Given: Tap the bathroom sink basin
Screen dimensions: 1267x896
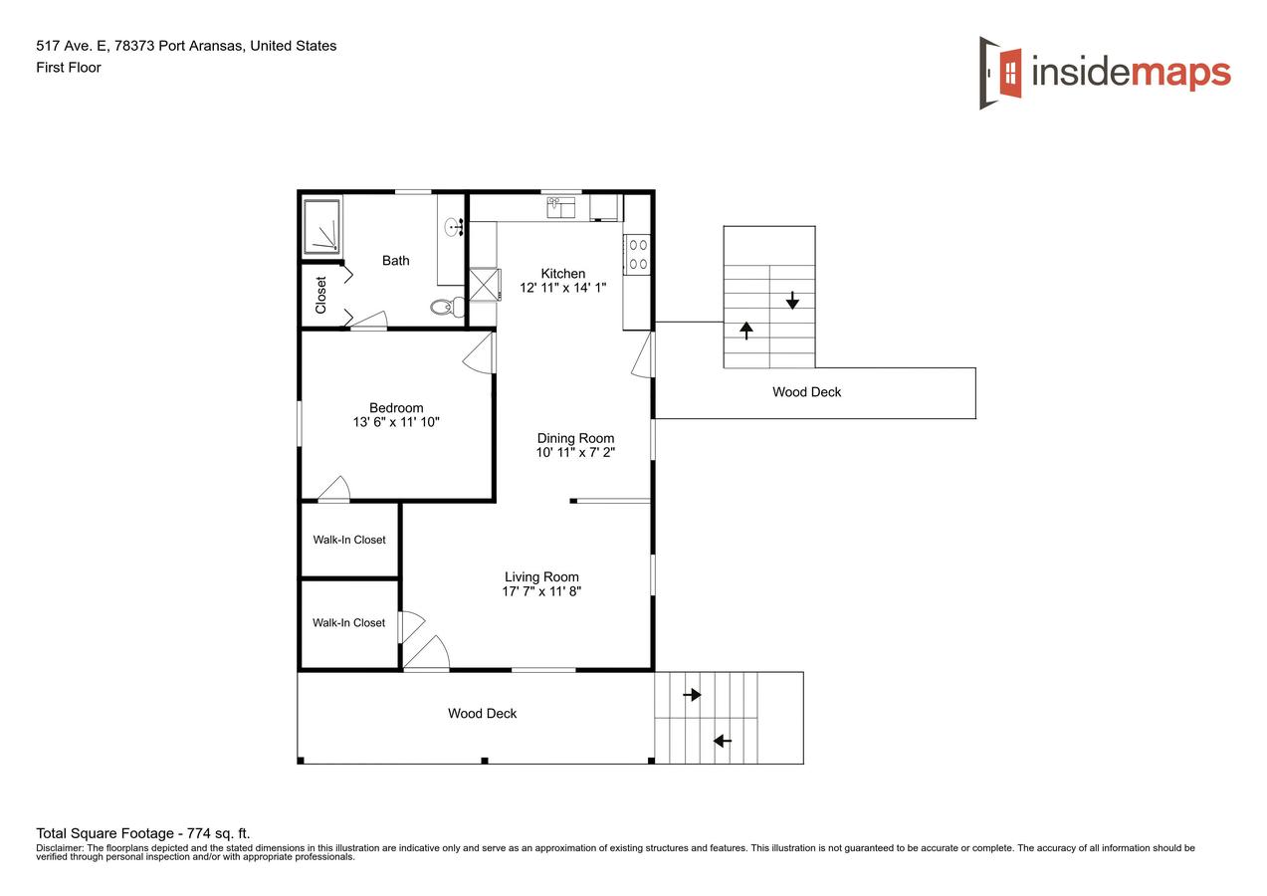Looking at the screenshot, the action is point(453,228).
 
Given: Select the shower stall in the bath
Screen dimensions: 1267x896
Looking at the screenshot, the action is point(321,226).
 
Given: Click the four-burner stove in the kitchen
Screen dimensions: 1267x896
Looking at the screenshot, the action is point(638,255).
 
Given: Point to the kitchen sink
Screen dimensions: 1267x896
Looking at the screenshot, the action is point(560,208).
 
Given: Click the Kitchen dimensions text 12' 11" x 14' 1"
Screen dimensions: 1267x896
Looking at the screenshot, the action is point(562,288).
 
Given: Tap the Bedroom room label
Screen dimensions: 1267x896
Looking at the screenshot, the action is point(396,408).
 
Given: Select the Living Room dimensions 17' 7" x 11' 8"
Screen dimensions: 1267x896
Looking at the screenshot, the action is point(541,591).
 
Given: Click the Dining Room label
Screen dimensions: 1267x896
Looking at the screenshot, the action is point(575,438).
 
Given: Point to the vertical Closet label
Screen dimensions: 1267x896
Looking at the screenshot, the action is point(320,295).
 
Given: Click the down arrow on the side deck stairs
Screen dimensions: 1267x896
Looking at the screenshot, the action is point(792,300).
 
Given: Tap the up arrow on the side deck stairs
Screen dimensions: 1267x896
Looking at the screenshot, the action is point(746,331).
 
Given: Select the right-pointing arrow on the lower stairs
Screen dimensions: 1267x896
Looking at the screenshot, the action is point(693,695).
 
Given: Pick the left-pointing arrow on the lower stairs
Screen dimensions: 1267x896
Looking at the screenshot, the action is point(723,741).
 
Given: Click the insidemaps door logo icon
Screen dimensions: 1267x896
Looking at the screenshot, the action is point(1000,73).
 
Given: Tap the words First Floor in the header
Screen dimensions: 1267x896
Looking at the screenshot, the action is point(69,68).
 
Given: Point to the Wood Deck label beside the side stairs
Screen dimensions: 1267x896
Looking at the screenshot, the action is point(806,392).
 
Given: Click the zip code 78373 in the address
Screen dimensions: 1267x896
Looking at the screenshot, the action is point(134,46).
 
